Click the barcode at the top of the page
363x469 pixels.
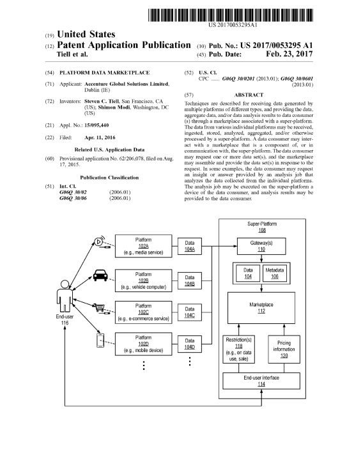click(x=231, y=15)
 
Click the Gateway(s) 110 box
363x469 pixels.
click(x=261, y=246)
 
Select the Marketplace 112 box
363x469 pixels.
click(x=261, y=308)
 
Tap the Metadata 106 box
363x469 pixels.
click(x=274, y=273)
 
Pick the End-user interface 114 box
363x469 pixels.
click(x=261, y=381)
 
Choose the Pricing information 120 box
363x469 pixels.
click(x=284, y=349)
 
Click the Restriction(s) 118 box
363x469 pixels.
click(x=238, y=349)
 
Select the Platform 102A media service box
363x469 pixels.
click(x=143, y=246)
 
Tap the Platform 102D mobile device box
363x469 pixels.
click(x=143, y=344)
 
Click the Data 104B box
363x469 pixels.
click(x=189, y=281)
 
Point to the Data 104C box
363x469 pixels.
click(x=189, y=312)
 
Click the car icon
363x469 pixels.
click(x=100, y=275)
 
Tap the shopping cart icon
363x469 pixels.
click(x=99, y=307)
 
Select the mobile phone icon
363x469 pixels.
click(x=100, y=341)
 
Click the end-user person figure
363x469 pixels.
click(x=65, y=296)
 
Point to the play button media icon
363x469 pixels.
click(x=99, y=241)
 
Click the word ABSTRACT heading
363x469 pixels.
click(x=249, y=95)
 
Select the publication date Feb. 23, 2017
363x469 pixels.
click(x=289, y=54)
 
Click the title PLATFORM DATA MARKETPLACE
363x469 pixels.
click(x=104, y=73)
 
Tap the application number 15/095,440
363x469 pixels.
click(x=97, y=125)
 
